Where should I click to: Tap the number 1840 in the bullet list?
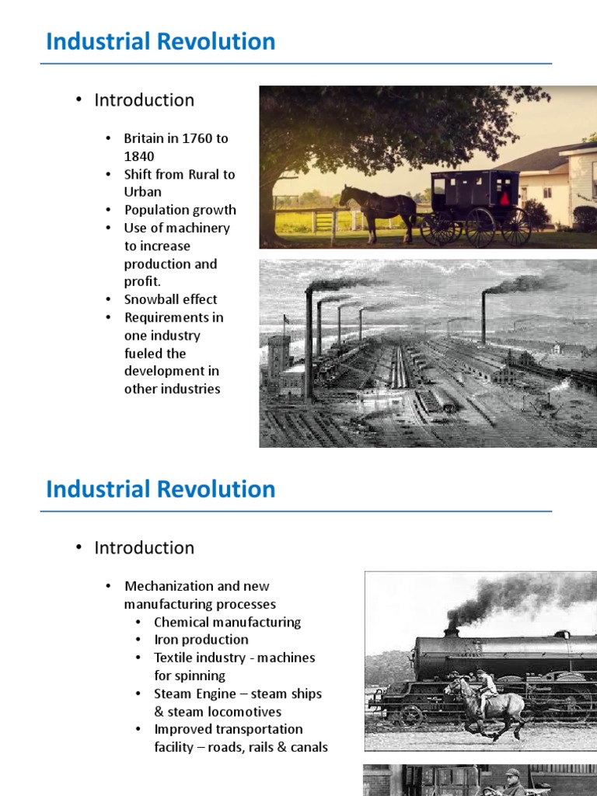[139, 156]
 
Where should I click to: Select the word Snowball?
[152, 299]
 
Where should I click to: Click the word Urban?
[142, 192]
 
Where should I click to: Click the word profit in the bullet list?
[141, 281]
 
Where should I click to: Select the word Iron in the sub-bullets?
[166, 640]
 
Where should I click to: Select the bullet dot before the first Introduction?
[79, 100]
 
